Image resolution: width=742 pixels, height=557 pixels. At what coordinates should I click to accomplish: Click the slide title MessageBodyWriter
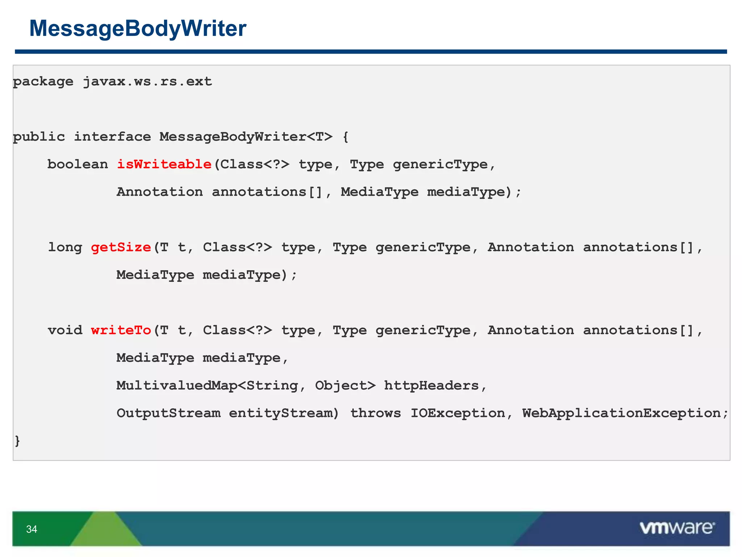click(138, 28)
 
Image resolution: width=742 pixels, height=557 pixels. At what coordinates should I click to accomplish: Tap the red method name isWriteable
click(164, 164)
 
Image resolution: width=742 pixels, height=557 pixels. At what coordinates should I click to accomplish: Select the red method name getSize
click(121, 247)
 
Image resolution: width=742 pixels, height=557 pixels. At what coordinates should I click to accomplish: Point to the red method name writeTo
click(121, 330)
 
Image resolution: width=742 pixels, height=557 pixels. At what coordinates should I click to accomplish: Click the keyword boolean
click(78, 164)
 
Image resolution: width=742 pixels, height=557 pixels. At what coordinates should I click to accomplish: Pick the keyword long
click(65, 247)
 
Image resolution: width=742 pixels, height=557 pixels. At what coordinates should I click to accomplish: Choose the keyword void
click(65, 330)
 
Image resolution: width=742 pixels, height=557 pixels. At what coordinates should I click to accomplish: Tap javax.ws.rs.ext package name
click(147, 82)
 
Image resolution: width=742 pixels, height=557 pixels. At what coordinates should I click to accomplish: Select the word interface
click(112, 137)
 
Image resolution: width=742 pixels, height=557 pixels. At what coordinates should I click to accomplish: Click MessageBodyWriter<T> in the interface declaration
click(246, 137)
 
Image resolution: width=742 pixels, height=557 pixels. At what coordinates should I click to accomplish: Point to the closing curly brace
click(17, 441)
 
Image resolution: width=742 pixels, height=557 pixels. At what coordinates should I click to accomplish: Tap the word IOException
click(458, 413)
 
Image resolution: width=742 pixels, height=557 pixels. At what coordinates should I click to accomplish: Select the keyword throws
click(375, 413)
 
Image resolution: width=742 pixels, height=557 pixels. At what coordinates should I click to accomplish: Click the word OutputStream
click(168, 413)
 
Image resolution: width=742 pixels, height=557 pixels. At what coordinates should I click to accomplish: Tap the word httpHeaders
click(432, 385)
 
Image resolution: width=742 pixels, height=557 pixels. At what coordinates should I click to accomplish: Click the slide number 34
click(32, 529)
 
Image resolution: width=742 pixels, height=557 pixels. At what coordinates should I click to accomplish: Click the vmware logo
click(677, 528)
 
